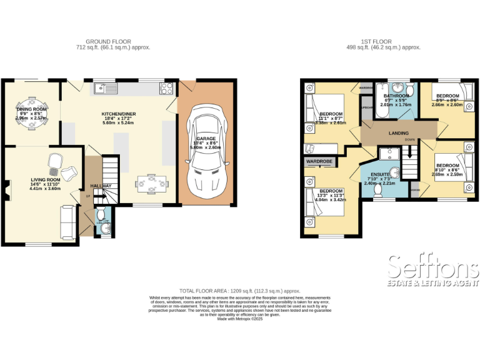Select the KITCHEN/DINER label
click(118, 114)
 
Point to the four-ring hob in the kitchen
click(167, 88)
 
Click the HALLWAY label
click(101, 186)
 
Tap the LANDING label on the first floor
click(398, 133)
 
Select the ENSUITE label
click(380, 174)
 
